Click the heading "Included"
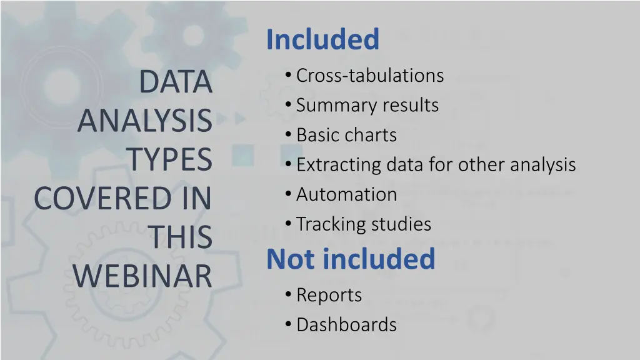point(322,39)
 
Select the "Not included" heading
point(351,259)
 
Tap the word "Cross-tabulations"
point(370,76)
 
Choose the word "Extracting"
point(339,165)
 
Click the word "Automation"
point(346,194)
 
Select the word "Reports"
point(329,295)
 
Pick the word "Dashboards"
point(346,325)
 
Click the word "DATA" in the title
point(175,82)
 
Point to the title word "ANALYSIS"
point(145,121)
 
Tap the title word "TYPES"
point(170,160)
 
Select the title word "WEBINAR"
point(142,276)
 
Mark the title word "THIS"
point(180,237)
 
